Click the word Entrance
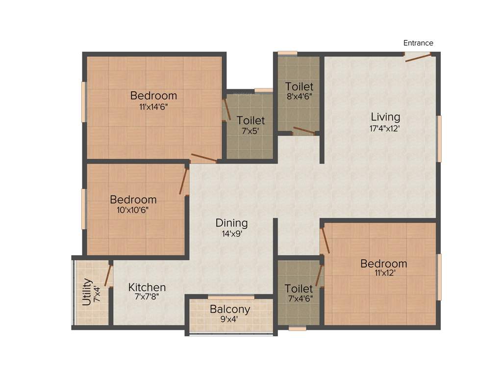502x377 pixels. [x=418, y=43]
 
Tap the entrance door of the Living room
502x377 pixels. [x=418, y=57]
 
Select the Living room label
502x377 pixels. [x=385, y=117]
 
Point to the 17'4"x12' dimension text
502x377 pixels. [x=385, y=129]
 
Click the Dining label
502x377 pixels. [x=231, y=223]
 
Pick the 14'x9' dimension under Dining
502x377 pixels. [x=231, y=234]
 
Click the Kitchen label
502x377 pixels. [x=147, y=287]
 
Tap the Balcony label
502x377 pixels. [x=230, y=309]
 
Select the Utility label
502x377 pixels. [x=87, y=292]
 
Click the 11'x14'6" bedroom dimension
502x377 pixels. [x=153, y=106]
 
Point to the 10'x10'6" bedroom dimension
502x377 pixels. [x=133, y=210]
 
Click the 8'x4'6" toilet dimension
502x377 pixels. [x=299, y=97]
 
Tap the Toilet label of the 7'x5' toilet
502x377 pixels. [x=251, y=120]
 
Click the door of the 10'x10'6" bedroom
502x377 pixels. [x=184, y=181]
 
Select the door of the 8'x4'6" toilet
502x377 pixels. [x=304, y=131]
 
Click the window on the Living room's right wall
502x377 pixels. [x=439, y=138]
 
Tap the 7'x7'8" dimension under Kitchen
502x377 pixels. [x=147, y=297]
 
